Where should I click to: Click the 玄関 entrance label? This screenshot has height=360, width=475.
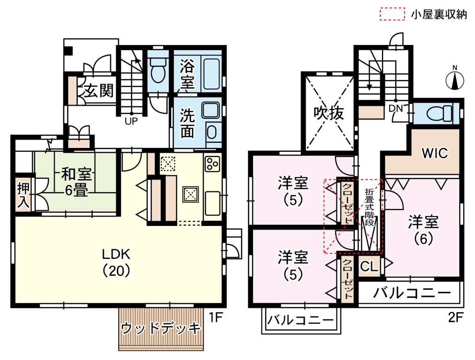98,90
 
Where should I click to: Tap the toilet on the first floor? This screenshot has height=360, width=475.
158,70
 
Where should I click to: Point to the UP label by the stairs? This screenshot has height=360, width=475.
131,121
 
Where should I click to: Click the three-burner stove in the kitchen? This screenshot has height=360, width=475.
212,164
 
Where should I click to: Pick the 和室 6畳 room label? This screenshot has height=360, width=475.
76,182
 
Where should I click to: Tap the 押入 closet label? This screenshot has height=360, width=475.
23,195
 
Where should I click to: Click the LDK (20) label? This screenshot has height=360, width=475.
116,263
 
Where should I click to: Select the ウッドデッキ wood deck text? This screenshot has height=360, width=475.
160,328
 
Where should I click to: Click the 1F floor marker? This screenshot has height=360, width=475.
216,318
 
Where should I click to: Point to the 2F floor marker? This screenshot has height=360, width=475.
456,318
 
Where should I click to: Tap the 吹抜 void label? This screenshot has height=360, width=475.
329,113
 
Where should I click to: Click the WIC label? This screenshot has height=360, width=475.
435,153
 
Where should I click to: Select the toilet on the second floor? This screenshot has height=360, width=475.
439,114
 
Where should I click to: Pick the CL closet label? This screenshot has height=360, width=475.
369,266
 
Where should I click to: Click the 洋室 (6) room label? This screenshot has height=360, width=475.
424,230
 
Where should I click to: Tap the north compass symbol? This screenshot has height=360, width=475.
455,79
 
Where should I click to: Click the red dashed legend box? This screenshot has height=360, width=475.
392,14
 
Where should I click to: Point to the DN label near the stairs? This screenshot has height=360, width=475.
396,108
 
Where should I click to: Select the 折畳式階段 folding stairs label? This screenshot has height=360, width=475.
369,207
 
